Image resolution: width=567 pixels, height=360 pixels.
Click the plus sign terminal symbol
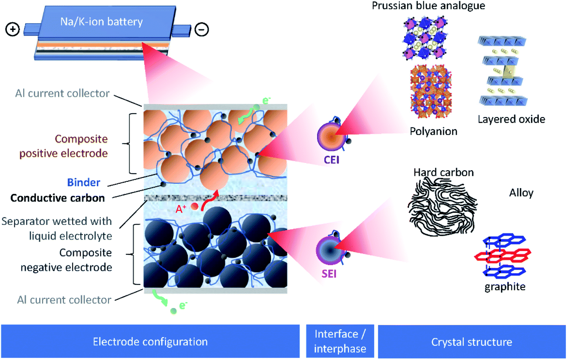13,30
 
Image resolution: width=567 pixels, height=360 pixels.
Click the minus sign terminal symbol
202,30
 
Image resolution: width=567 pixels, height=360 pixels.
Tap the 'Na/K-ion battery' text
102,22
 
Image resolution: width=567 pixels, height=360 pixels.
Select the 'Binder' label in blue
84,183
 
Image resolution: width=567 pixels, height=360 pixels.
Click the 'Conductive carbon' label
58,198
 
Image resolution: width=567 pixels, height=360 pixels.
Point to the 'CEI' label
331,160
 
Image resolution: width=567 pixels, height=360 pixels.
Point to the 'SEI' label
329,274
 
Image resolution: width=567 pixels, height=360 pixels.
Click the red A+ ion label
181,209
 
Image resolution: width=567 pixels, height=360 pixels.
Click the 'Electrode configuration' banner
150,342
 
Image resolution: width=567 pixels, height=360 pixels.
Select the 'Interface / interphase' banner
340,341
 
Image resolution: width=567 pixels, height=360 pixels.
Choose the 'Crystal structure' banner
471,342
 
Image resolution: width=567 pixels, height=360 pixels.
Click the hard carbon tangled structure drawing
442,206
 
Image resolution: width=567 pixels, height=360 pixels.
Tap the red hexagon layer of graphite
503,255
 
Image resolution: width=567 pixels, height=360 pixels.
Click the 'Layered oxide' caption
511,119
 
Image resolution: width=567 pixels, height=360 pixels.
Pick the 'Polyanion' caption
433,131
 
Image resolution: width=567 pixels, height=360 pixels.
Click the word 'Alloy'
521,193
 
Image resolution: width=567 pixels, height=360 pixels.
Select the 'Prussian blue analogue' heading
428,6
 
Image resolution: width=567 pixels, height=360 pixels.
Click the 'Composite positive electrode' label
64,146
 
